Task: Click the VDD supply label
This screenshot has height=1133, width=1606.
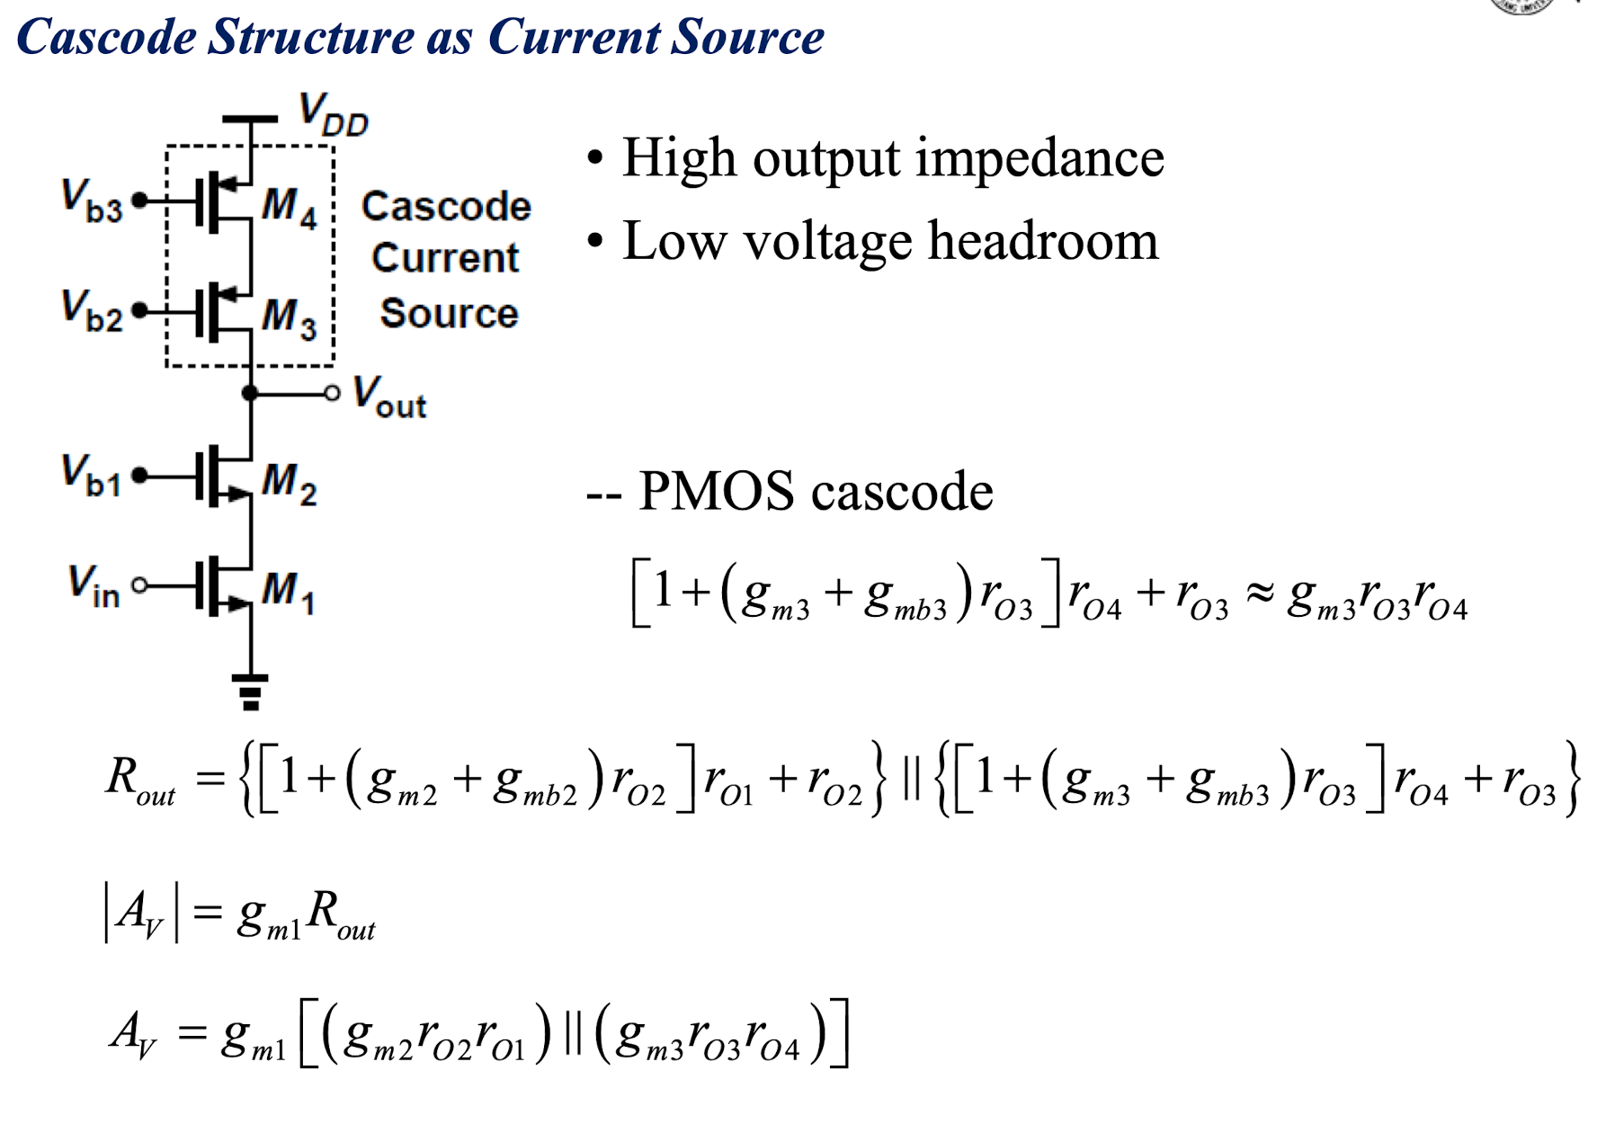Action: [334, 114]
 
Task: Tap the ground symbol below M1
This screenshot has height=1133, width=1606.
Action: [251, 691]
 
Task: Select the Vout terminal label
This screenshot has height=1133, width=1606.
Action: [389, 397]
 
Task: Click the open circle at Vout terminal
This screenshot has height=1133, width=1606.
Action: [333, 393]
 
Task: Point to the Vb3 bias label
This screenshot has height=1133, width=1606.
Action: [92, 201]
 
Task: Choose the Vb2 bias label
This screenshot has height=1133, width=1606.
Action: [92, 311]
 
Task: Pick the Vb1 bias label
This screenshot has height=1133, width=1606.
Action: [91, 476]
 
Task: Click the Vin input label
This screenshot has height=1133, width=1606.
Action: [94, 585]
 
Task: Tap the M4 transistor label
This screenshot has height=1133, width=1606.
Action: [290, 208]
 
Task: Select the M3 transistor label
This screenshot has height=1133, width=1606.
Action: [290, 318]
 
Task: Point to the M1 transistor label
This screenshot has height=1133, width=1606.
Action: [288, 593]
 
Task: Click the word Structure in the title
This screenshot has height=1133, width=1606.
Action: [310, 37]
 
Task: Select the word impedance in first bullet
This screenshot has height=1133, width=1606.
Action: [1039, 160]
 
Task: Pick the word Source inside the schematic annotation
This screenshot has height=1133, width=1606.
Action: [449, 314]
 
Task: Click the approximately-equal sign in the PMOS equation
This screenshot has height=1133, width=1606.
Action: [1258, 593]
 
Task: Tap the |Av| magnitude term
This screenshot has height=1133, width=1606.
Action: [141, 913]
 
